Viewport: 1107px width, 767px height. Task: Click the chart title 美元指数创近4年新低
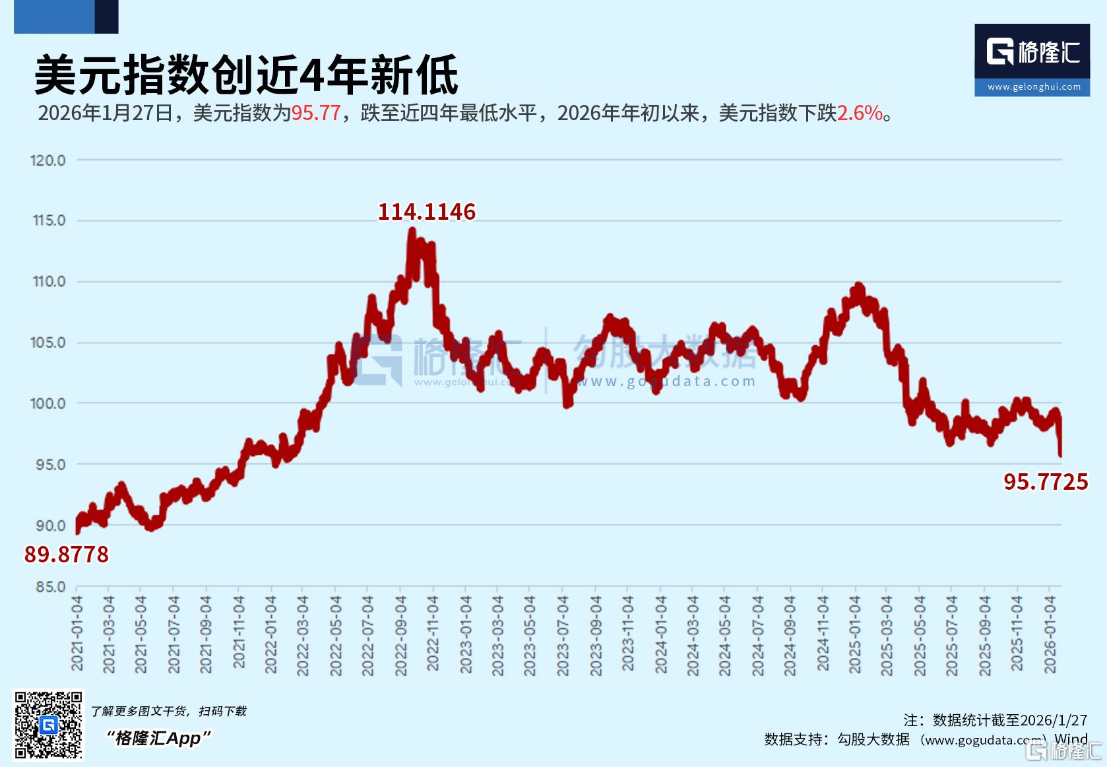[x=245, y=75]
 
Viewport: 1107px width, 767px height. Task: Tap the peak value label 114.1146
[x=426, y=212]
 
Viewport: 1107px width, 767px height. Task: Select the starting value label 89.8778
[x=67, y=554]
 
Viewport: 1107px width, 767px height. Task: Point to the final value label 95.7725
[x=1046, y=482]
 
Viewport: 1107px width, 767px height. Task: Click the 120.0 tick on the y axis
[x=48, y=160]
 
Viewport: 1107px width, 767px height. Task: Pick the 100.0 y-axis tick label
[x=48, y=403]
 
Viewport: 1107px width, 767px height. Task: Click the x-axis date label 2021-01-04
[x=78, y=633]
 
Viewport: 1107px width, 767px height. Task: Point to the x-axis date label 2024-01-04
[x=660, y=634]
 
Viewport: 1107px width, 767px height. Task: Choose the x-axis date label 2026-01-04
[x=1050, y=634]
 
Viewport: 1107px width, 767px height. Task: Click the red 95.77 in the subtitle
[x=315, y=114]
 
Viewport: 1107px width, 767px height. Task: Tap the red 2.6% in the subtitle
[x=860, y=114]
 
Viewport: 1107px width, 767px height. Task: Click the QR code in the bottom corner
[x=49, y=725]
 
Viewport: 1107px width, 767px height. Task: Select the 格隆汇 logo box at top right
[x=1032, y=60]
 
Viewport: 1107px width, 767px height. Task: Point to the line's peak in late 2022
[x=412, y=230]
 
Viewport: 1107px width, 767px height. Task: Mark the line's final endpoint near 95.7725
[x=1060, y=455]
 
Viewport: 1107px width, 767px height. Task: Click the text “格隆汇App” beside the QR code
[x=159, y=738]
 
